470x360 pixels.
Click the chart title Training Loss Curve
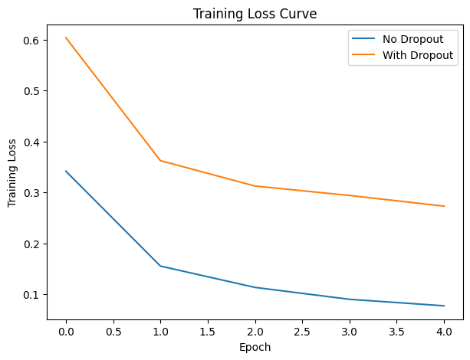[x=254, y=13]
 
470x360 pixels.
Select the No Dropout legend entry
[x=409, y=40]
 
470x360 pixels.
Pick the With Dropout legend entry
[x=417, y=55]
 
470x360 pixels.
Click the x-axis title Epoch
[x=255, y=347]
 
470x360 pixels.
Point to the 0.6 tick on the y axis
[x=34, y=40]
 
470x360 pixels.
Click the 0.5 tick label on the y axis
[x=34, y=91]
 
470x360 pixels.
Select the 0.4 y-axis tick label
[x=34, y=142]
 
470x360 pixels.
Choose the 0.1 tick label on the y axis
[x=34, y=295]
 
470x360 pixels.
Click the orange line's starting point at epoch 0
[x=66, y=38]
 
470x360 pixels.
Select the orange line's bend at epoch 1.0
[x=160, y=161]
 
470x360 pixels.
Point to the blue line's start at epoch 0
[x=66, y=171]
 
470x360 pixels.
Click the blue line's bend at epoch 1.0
[x=160, y=266]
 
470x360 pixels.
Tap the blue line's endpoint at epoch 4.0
[x=444, y=306]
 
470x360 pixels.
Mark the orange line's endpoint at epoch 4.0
[x=444, y=206]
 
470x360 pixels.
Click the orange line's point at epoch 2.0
[x=255, y=186]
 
